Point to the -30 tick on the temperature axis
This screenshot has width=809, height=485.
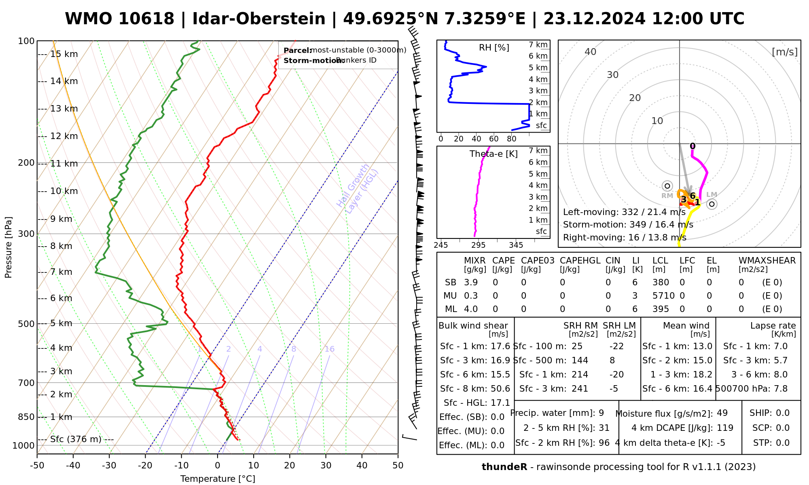(109, 466)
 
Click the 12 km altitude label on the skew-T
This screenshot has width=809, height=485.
(64, 136)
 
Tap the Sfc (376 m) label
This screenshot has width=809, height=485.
(76, 439)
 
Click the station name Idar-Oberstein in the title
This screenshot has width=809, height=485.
(258, 19)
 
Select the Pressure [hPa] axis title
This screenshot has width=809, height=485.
(8, 247)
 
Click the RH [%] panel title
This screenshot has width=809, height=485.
(494, 48)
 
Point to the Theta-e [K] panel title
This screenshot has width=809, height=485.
(493, 154)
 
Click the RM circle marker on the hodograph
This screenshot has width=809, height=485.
(667, 186)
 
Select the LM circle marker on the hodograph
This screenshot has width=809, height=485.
(712, 204)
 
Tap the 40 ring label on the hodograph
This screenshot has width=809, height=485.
(591, 52)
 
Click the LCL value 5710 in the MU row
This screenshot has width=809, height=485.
(663, 296)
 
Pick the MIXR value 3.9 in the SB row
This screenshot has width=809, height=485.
(471, 283)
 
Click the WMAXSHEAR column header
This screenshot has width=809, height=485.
(767, 261)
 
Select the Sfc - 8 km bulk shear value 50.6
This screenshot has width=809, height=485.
(500, 389)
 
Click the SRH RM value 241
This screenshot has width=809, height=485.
(580, 389)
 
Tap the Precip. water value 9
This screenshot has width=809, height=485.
(601, 413)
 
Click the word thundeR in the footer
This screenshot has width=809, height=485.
(504, 467)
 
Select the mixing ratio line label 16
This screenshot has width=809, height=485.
(329, 349)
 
